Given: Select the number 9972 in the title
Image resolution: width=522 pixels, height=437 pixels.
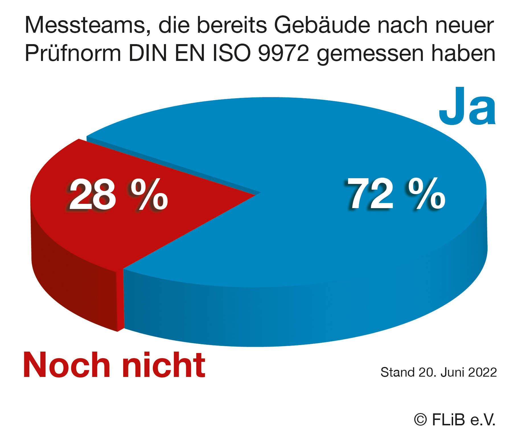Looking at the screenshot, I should (x=283, y=54).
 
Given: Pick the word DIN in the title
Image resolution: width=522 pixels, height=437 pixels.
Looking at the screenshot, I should (x=148, y=54).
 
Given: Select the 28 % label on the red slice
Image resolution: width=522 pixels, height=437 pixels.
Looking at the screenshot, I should (x=118, y=195).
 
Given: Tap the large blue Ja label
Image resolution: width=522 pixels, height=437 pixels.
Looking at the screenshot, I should (x=467, y=107).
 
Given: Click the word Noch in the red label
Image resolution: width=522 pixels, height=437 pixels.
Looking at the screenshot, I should (x=67, y=365).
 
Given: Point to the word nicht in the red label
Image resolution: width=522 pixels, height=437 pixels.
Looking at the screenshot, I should (x=164, y=365).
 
